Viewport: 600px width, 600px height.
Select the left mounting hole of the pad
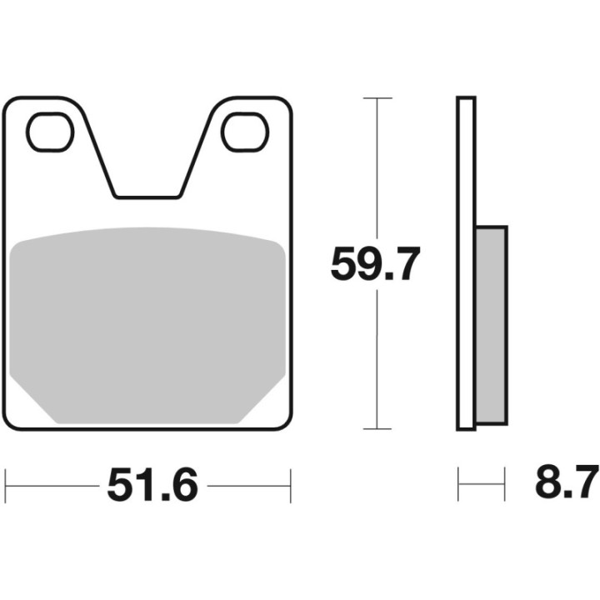(x=50, y=132)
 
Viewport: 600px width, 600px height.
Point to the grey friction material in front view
(x=150, y=325)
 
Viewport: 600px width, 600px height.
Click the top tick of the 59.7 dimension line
(x=378, y=98)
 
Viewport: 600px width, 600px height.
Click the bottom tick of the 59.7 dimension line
(x=378, y=429)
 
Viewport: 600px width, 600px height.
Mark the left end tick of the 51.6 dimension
(x=7, y=482)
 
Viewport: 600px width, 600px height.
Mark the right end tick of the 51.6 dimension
(x=290, y=482)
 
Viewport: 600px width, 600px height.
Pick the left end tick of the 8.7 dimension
(x=459, y=482)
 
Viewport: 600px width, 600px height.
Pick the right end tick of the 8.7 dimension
(x=505, y=482)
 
